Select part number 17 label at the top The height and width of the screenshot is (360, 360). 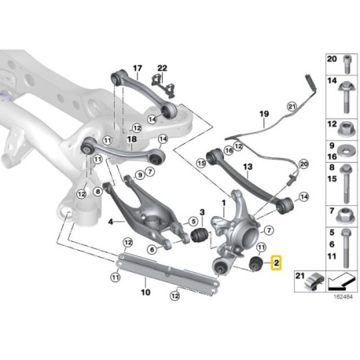click(138, 68)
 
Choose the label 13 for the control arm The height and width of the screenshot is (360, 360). click(246, 167)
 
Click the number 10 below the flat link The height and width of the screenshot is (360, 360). click(143, 292)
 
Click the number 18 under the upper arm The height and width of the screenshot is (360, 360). click(132, 139)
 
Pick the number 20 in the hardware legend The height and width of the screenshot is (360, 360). click(330, 59)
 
